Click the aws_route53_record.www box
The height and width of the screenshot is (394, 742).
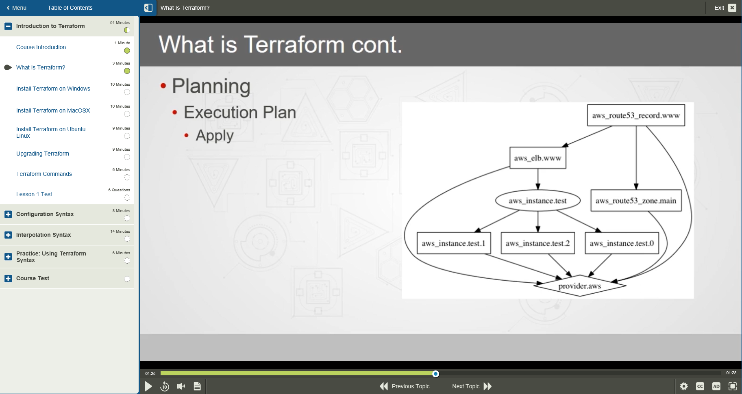click(x=636, y=115)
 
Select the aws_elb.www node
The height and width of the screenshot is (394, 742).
click(x=537, y=158)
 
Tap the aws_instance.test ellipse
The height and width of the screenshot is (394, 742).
click(x=537, y=201)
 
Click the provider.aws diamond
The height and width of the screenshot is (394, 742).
click(x=579, y=286)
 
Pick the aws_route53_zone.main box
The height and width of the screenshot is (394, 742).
click(x=636, y=201)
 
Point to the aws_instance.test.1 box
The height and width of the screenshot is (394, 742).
click(x=454, y=243)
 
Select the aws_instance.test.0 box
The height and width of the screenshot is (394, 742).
click(x=622, y=243)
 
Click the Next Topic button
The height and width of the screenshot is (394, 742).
click(x=472, y=386)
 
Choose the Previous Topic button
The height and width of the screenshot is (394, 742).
click(x=405, y=386)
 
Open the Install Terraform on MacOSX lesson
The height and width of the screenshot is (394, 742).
click(x=53, y=110)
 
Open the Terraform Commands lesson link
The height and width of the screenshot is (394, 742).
click(x=44, y=174)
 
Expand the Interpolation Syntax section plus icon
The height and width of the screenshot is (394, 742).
click(x=8, y=235)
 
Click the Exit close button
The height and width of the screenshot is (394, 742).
click(x=732, y=8)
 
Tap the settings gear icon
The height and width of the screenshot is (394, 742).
click(x=684, y=386)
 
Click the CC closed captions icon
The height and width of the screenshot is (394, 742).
click(x=700, y=386)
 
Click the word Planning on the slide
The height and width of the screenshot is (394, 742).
click(x=211, y=86)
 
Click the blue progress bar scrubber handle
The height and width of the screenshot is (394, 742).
click(x=435, y=374)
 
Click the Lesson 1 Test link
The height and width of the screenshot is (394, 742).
click(x=34, y=194)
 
